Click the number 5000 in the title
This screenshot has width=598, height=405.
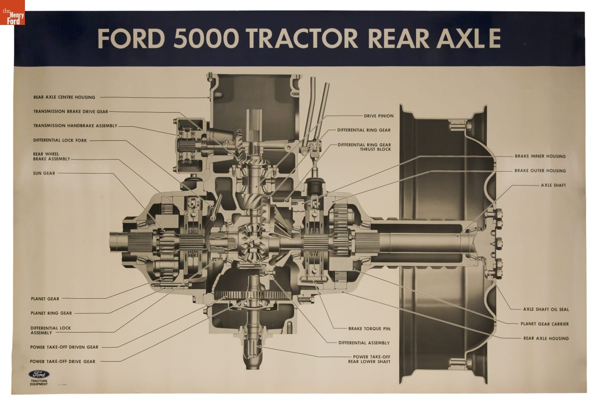tap(206, 38)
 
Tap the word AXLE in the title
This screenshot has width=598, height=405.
tap(469, 38)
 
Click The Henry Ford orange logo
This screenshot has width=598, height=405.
tap(12, 12)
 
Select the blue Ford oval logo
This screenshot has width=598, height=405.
tap(39, 374)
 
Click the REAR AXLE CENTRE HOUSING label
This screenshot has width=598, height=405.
tap(64, 97)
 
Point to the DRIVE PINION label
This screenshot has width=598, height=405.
tap(379, 116)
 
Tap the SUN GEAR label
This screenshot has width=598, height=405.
tap(44, 173)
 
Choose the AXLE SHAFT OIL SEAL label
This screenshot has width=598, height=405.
tap(546, 309)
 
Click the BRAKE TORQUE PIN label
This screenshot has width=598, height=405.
tap(369, 329)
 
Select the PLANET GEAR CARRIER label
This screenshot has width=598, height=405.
tap(545, 324)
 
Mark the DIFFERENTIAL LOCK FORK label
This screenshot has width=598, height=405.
tap(60, 140)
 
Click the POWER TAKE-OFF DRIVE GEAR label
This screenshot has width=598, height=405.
tap(62, 362)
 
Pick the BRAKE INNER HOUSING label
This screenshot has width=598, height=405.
tap(540, 156)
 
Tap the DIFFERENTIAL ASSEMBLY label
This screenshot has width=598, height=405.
tap(364, 343)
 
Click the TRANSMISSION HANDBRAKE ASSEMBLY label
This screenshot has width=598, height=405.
tap(75, 126)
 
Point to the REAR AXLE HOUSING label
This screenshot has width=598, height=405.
tap(546, 338)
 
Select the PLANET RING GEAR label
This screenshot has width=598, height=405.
tap(51, 313)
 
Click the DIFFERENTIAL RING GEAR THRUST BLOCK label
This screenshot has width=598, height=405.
tap(364, 147)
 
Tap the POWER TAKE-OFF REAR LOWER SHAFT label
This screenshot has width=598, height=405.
tap(369, 359)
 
